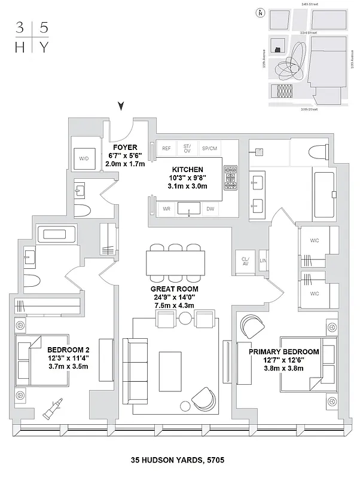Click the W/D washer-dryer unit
tap(83, 158)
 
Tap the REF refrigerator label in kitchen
tap(166, 148)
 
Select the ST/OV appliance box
tap(187, 148)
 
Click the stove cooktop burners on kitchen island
tap(231, 178)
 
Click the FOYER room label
tap(125, 147)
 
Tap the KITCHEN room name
tap(188, 169)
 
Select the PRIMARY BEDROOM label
tap(283, 352)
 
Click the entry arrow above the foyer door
tap(122, 106)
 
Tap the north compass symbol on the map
tap(260, 13)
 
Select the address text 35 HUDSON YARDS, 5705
tap(179, 460)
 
